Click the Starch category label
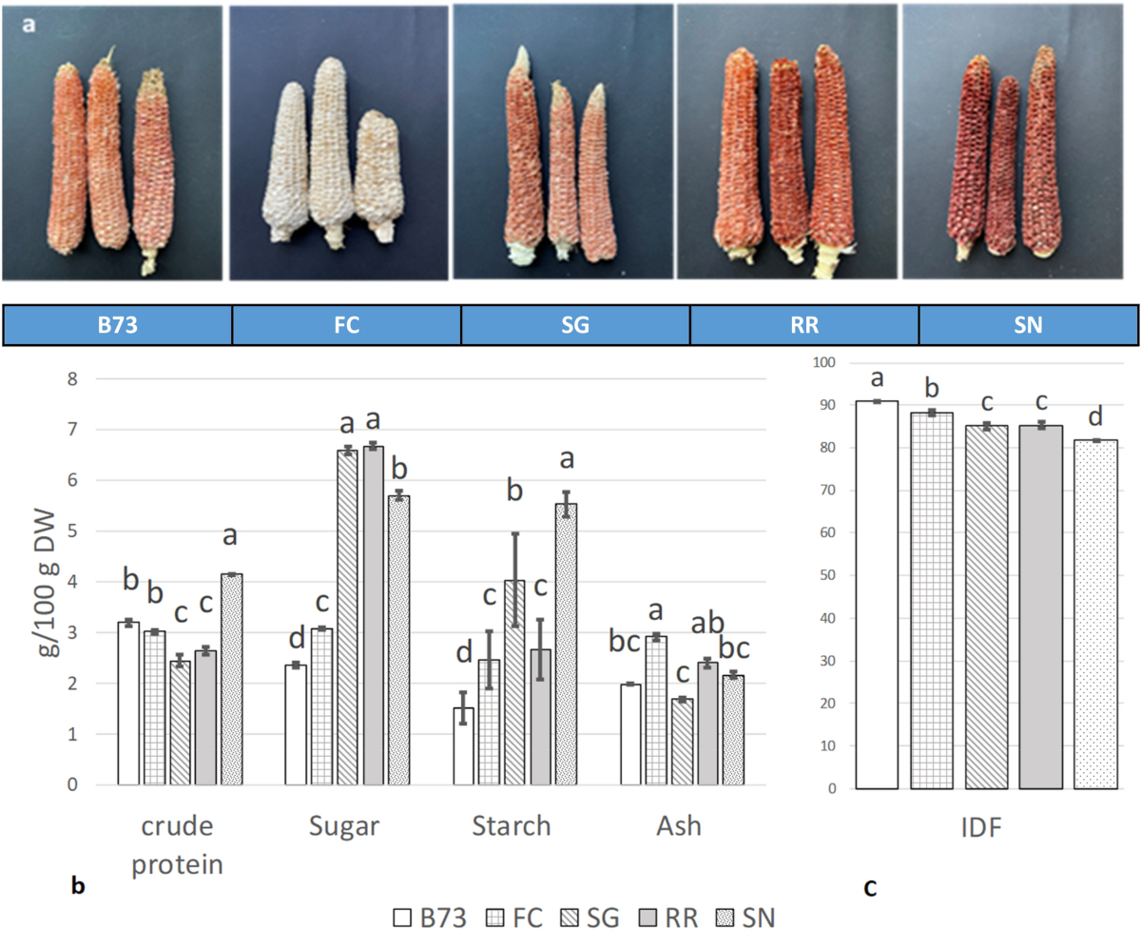tap(512, 826)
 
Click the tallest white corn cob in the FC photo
tap(329, 152)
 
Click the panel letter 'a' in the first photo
tap(30, 27)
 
